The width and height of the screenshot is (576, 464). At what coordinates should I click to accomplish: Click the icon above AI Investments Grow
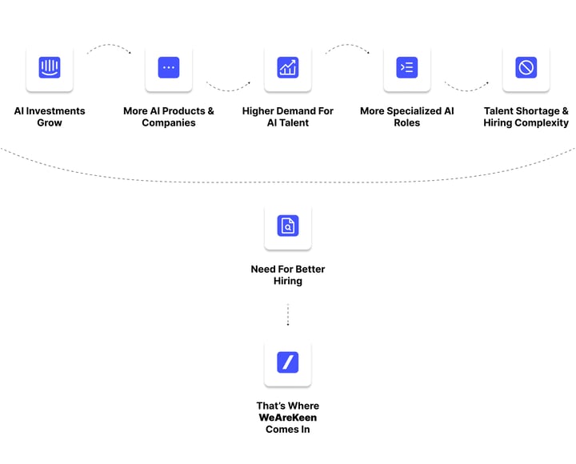(x=50, y=67)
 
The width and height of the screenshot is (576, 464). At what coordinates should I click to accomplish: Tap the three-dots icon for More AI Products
(x=169, y=67)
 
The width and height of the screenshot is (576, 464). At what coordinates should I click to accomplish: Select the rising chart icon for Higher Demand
(x=288, y=67)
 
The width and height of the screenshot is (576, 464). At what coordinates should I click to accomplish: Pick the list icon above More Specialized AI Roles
(x=407, y=67)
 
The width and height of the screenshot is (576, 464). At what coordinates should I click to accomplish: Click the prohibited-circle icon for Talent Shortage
(x=526, y=67)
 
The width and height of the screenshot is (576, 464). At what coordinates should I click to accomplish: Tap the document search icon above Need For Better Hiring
(x=288, y=226)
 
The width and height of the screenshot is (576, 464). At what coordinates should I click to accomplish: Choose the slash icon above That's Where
(x=288, y=362)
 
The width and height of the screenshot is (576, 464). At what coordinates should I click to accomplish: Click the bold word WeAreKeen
(x=288, y=418)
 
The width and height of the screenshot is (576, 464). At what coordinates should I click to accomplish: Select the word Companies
(x=169, y=123)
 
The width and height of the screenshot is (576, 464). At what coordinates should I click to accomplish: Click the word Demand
(x=298, y=111)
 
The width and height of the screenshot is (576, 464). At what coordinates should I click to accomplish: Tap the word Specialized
(x=414, y=111)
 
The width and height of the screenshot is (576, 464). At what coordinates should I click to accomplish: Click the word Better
(x=310, y=270)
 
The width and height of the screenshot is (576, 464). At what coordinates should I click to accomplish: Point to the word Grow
(x=50, y=122)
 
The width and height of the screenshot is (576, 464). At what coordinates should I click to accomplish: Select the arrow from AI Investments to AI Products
(x=109, y=45)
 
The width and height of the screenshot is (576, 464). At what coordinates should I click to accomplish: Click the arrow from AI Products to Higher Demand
(x=228, y=90)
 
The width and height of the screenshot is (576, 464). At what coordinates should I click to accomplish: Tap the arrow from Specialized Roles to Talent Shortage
(x=466, y=90)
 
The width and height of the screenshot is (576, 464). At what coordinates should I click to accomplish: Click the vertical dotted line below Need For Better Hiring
(x=288, y=314)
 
